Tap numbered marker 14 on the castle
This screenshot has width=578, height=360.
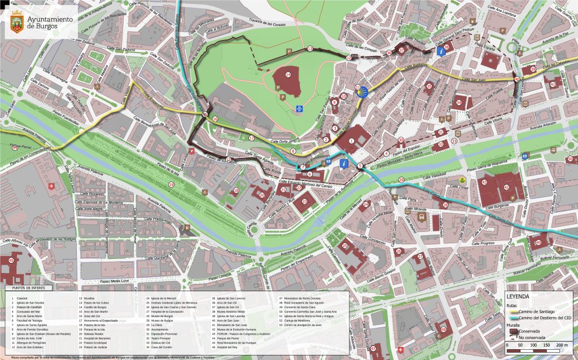pos(288,74)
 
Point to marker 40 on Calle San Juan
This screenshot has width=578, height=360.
pos(517,80)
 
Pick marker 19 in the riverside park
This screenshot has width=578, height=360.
pos(171,185)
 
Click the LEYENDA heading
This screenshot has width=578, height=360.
pos(518,296)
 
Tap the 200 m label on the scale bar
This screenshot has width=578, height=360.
pos(562,344)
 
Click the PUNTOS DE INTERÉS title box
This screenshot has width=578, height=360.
pos(25,288)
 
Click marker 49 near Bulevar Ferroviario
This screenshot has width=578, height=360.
pos(538,243)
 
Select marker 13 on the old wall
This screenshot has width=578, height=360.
pos(310,49)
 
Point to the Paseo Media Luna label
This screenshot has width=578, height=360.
pos(116,280)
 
